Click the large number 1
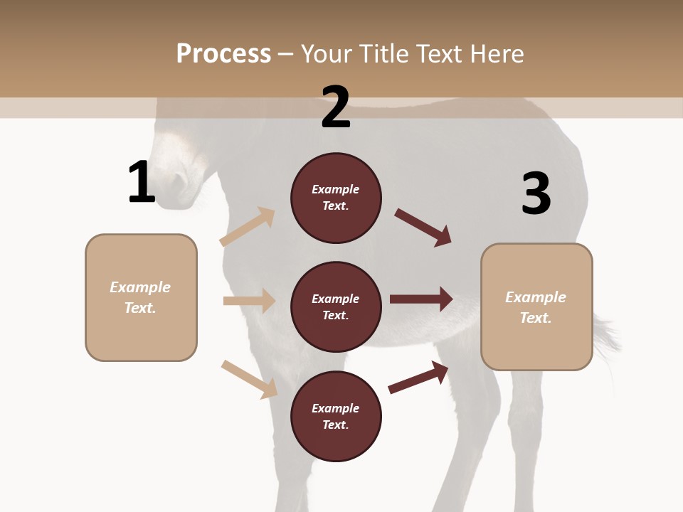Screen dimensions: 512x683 142,182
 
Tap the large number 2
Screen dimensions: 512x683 336,107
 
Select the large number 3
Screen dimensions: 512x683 536,193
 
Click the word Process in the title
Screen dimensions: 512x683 223,53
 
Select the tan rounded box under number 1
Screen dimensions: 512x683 141,297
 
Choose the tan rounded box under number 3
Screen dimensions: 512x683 536,306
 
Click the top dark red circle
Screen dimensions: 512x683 336,198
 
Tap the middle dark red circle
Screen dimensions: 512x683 336,306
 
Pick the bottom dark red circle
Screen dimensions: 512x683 336,416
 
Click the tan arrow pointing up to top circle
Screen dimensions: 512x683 248,227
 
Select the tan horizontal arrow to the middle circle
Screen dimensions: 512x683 249,301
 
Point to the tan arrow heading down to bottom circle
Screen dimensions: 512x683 249,379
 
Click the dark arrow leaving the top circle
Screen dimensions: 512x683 423,228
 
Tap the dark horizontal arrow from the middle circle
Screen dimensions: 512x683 421,299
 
